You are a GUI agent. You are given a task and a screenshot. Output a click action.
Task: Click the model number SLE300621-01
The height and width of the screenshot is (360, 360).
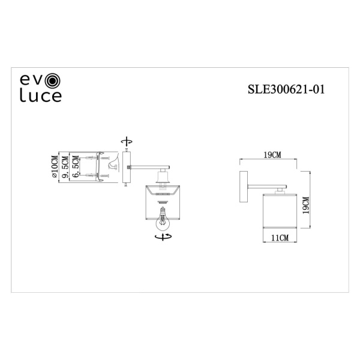click(286, 89)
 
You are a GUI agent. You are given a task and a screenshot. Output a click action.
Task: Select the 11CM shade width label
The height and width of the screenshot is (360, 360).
click(280, 238)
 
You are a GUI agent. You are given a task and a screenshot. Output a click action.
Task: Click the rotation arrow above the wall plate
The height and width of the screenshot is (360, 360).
click(126, 142)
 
